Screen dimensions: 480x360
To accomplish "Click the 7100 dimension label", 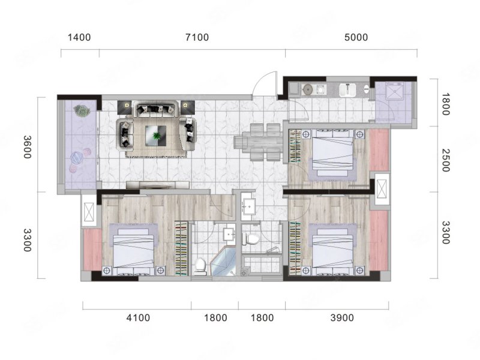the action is (197, 37).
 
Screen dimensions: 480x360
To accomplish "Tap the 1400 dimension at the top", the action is (79, 37).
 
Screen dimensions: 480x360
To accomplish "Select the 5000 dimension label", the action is (356, 37).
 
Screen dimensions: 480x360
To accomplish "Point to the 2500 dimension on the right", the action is (445, 160).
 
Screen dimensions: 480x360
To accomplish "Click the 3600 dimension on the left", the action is (27, 147).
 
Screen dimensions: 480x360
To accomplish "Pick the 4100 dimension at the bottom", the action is (139, 318).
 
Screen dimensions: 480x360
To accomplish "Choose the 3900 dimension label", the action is (342, 318).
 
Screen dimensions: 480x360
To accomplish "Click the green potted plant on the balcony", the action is (82, 110).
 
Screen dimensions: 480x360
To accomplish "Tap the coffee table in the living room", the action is (156, 136).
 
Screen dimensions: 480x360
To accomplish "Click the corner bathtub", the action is (223, 262).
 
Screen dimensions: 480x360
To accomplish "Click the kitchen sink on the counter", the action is (347, 89).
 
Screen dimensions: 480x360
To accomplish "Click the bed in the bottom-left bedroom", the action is (133, 251).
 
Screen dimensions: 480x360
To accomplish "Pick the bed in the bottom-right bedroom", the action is (332, 251).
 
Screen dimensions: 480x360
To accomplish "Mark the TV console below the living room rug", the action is (158, 185).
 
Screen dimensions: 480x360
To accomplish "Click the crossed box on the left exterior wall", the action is (89, 211).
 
